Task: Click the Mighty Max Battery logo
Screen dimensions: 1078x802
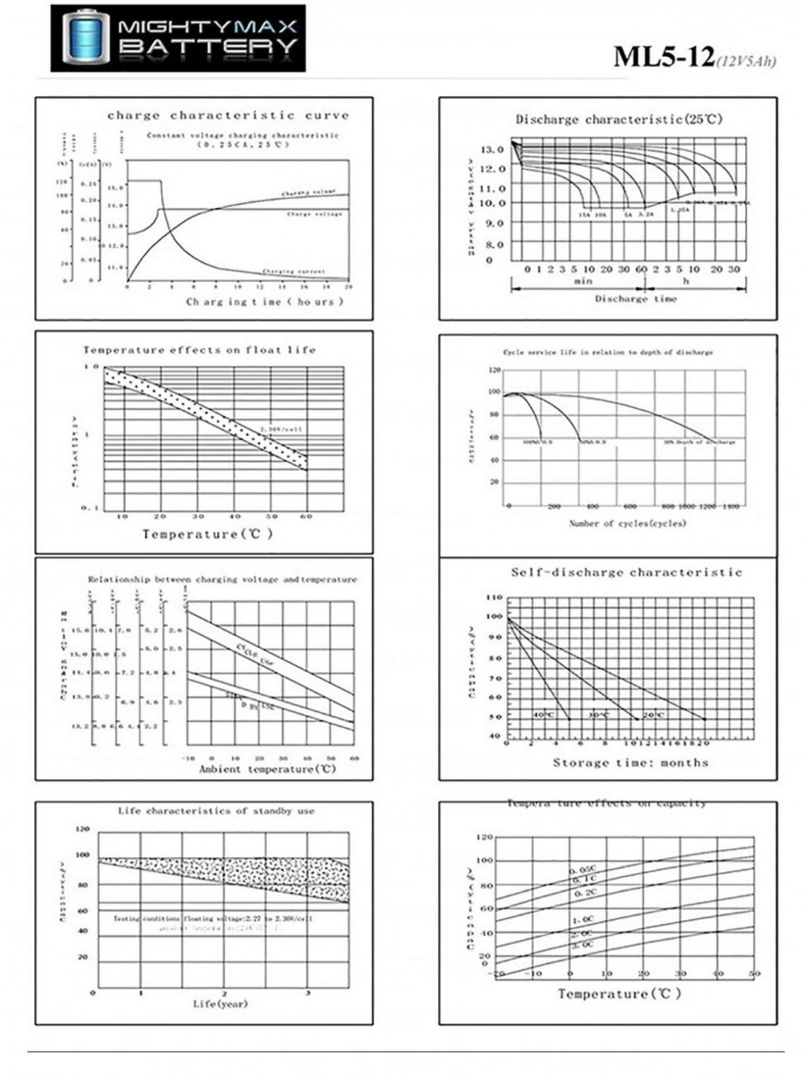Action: pos(178,38)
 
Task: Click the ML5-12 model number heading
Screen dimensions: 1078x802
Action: pos(663,57)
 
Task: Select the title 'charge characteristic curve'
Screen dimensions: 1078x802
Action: pos(228,115)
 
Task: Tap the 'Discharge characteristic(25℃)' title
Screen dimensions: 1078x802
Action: pos(619,120)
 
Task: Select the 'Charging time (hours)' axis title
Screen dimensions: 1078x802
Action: pos(264,301)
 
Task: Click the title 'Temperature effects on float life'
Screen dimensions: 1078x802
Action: pos(199,350)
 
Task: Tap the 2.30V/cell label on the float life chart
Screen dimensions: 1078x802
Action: pos(281,429)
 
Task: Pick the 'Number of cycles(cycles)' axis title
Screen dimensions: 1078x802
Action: pos(627,523)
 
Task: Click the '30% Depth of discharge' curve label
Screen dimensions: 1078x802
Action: pos(698,442)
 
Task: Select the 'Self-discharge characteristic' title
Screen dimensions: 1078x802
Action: pos(626,573)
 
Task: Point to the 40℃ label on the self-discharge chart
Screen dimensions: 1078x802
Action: pos(543,715)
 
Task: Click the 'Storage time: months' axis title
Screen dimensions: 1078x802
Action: pos(630,762)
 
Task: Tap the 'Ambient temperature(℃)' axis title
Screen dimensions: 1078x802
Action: pos(267,769)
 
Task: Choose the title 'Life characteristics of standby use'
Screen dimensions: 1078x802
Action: pos(216,811)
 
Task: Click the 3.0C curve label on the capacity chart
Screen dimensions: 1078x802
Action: pos(582,945)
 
